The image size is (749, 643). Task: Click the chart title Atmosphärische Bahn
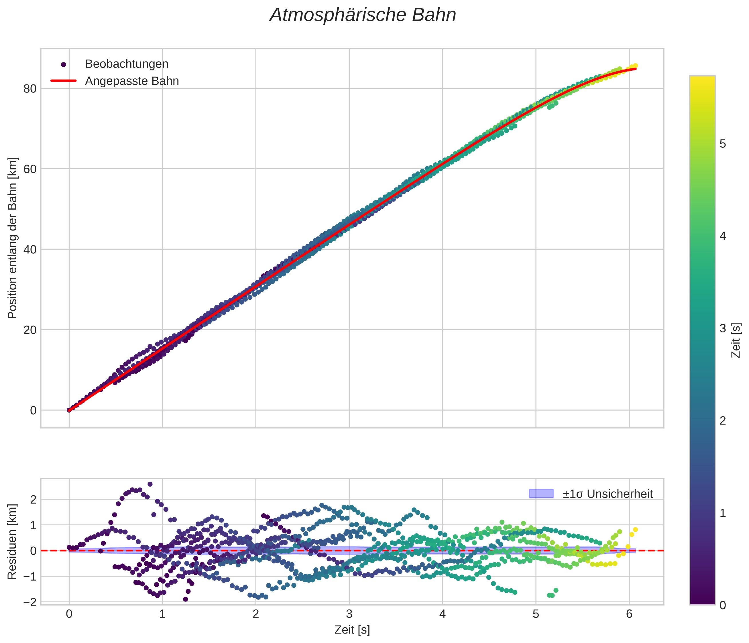(363, 15)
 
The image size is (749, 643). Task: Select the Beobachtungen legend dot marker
(64, 65)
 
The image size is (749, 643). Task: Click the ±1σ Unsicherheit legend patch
(541, 494)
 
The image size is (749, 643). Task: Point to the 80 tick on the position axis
(30, 88)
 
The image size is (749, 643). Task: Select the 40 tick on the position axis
(30, 249)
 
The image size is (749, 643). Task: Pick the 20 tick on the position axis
(30, 330)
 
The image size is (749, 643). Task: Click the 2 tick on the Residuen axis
(33, 500)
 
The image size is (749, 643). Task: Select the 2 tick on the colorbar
(723, 421)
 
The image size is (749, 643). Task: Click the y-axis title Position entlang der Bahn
(12, 238)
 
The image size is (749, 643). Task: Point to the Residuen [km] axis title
(12, 541)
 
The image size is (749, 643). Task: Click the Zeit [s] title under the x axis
(352, 630)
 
